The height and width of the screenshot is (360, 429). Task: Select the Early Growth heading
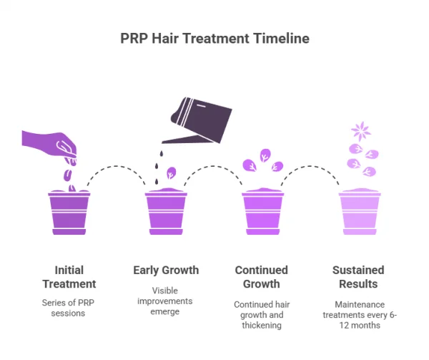tap(166, 271)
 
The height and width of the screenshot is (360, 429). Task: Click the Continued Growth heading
tap(262, 278)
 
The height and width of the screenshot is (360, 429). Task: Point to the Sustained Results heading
tap(357, 278)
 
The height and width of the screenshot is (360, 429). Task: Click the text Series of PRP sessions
tap(69, 308)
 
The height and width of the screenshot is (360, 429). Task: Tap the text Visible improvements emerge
tap(166, 301)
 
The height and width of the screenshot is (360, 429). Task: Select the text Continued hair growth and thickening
tap(262, 315)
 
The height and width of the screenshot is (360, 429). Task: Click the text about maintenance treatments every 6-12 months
tap(357, 315)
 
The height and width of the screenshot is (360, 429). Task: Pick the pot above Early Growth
tap(166, 212)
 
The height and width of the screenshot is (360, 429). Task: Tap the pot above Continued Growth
tap(262, 212)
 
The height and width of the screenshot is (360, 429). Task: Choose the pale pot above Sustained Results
tap(359, 212)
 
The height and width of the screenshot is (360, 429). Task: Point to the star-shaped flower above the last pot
tap(359, 132)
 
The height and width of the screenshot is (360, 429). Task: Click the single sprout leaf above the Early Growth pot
tap(172, 172)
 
